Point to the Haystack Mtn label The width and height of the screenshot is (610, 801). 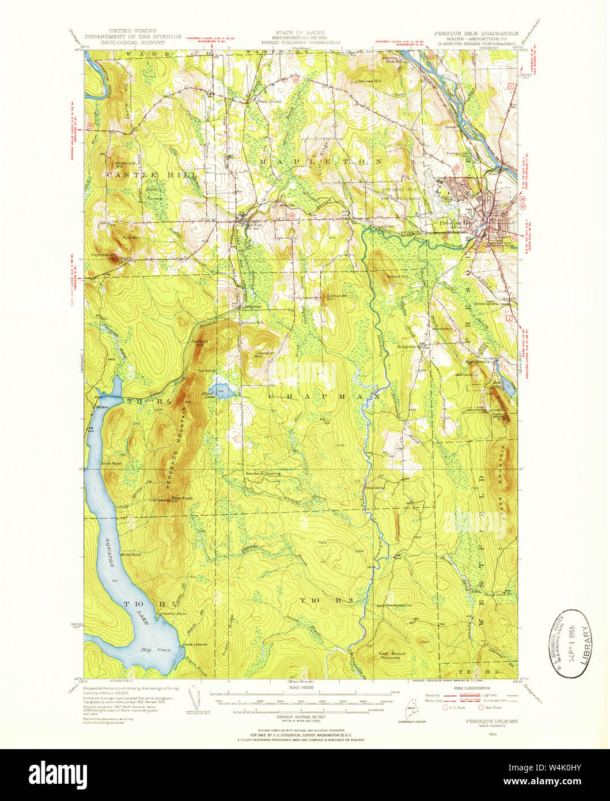[105, 254]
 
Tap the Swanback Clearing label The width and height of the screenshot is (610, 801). [263, 474]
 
